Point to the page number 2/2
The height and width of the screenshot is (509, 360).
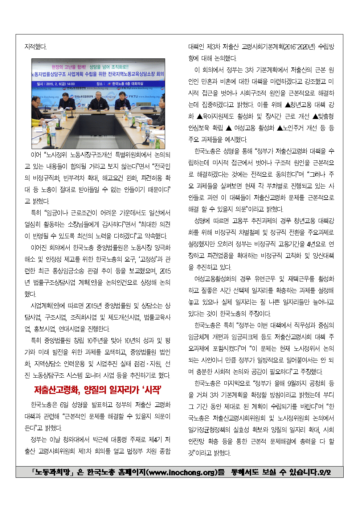pos(324,472)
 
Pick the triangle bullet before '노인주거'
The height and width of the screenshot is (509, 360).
pos(280,128)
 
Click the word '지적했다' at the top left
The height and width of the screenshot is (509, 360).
pos(36,47)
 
